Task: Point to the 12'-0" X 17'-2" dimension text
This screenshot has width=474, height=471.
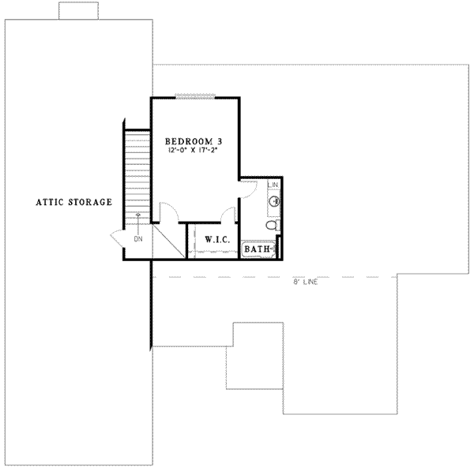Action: [x=194, y=149]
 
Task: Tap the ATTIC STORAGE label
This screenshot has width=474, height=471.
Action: [x=73, y=202]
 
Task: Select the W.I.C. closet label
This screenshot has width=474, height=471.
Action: [x=217, y=239]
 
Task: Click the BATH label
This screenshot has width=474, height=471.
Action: [x=257, y=249]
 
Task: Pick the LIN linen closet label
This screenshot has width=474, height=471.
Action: [x=273, y=185]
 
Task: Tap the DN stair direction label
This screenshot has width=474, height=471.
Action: [x=137, y=237]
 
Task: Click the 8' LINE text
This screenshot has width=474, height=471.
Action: [x=305, y=282]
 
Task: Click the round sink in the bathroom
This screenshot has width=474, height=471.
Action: [x=274, y=202]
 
